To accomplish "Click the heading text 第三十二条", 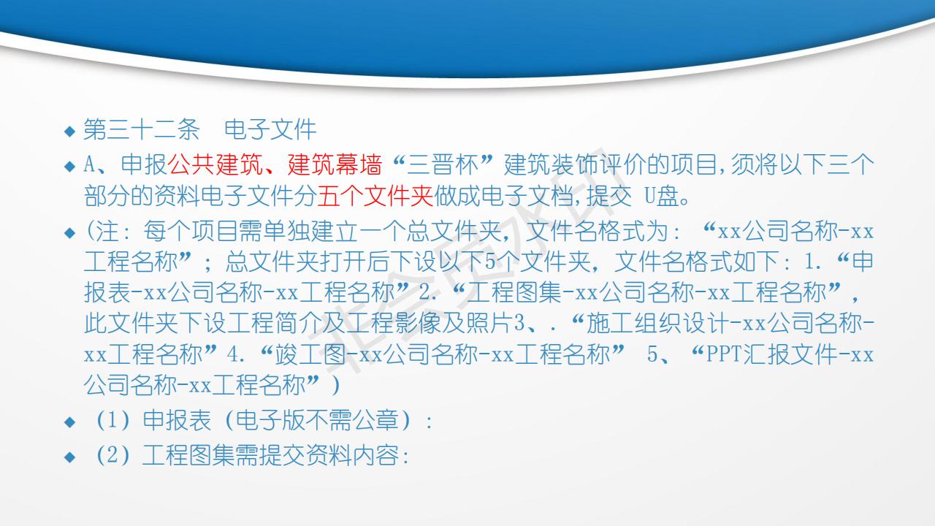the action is coord(142,129).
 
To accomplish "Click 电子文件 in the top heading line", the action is coord(270,129).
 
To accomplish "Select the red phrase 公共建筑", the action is coord(215,164).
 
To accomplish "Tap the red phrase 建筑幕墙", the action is coord(335,164).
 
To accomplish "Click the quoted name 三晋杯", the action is coord(443,164).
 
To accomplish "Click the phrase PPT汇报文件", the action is coord(771,354).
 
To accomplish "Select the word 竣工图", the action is coord(311,354).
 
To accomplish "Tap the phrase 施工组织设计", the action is coord(657,324).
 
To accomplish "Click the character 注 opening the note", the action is coord(107,231).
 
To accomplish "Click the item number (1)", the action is coord(112,420).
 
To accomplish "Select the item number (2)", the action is coord(112,455).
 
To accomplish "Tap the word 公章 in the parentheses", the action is coord(376,420).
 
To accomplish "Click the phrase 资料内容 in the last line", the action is coord(353,455).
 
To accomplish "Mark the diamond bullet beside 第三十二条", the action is coord(69,131).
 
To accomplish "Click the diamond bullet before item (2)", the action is coord(69,457).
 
